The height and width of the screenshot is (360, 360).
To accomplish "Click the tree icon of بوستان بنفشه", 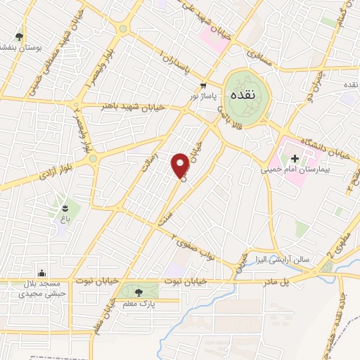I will coord(19,37).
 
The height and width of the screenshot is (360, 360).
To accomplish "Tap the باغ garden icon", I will coord(64,208).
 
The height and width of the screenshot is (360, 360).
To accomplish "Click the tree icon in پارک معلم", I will coord(136,290).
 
